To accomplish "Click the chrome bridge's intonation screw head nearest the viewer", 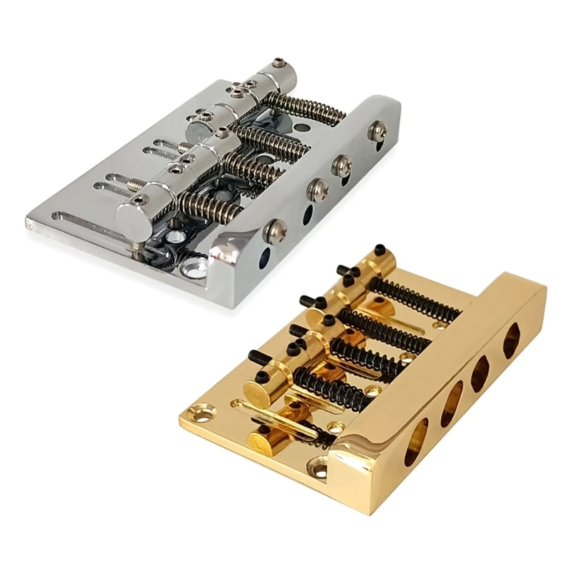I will (x=275, y=229).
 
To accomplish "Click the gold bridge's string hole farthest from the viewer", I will (x=512, y=340).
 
